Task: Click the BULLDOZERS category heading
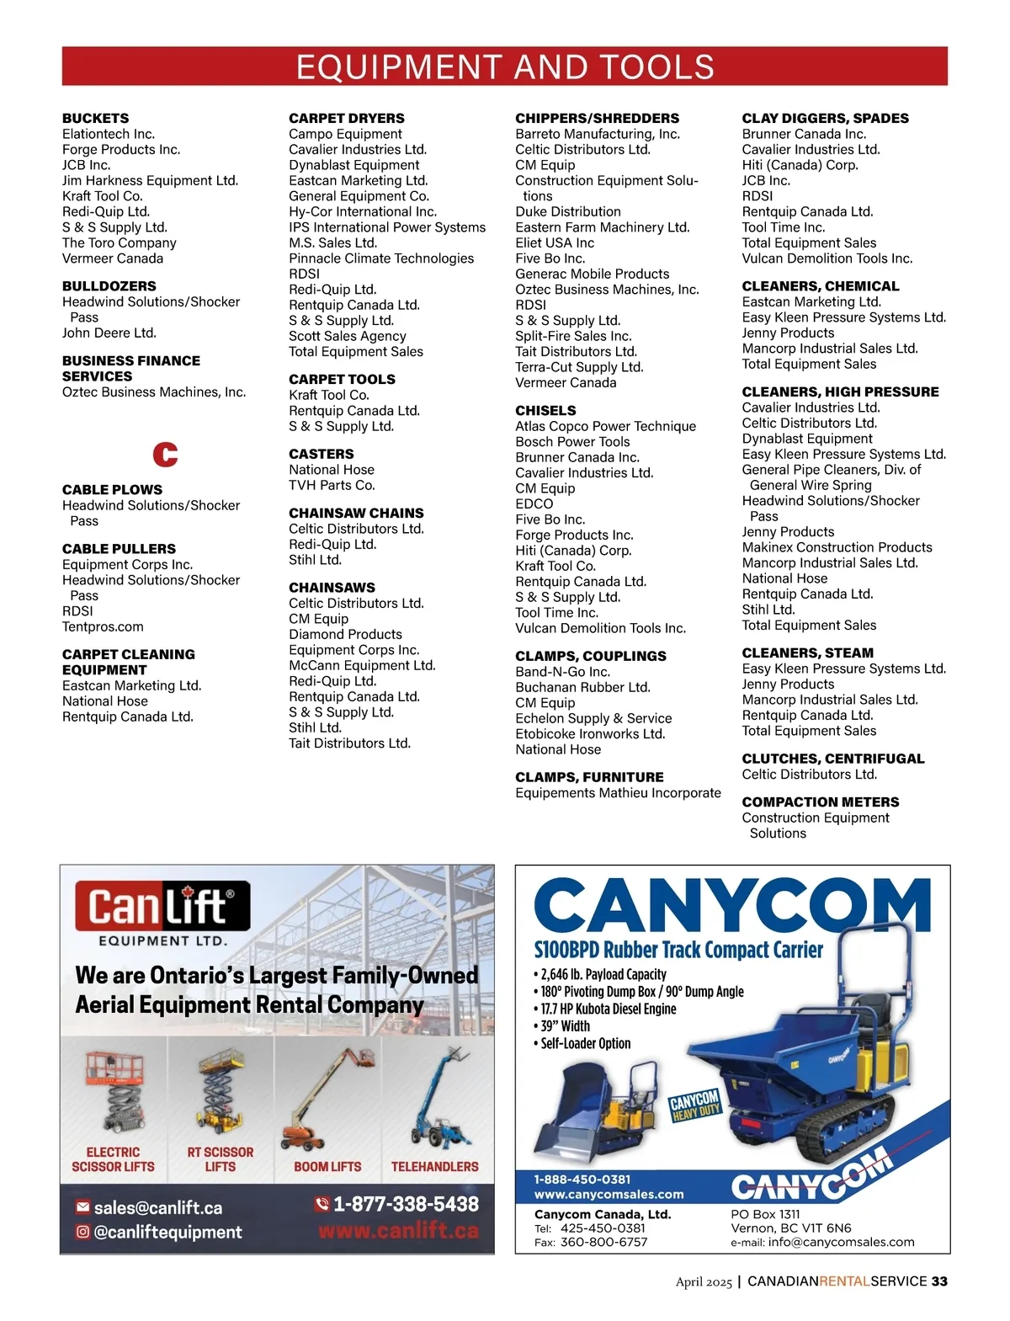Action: click(109, 286)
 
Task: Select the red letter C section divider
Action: click(165, 455)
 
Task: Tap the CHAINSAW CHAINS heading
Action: click(356, 513)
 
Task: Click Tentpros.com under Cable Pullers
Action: click(103, 626)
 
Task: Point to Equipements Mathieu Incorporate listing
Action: click(618, 793)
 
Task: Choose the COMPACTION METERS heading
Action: click(820, 802)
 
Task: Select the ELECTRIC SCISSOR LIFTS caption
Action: click(113, 1159)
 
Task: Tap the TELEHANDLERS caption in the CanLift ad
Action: click(434, 1167)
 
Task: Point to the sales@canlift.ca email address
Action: click(158, 1207)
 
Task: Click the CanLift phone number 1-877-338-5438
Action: click(406, 1204)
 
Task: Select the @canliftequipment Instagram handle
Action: click(167, 1232)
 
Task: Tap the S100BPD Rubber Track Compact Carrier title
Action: click(678, 950)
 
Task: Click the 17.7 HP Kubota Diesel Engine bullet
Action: click(608, 1009)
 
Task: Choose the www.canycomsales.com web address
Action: click(609, 1194)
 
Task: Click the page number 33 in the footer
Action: click(939, 1281)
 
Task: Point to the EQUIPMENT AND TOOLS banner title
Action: click(505, 67)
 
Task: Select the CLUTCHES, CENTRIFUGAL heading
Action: click(832, 759)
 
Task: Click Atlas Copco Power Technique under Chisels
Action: click(605, 426)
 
